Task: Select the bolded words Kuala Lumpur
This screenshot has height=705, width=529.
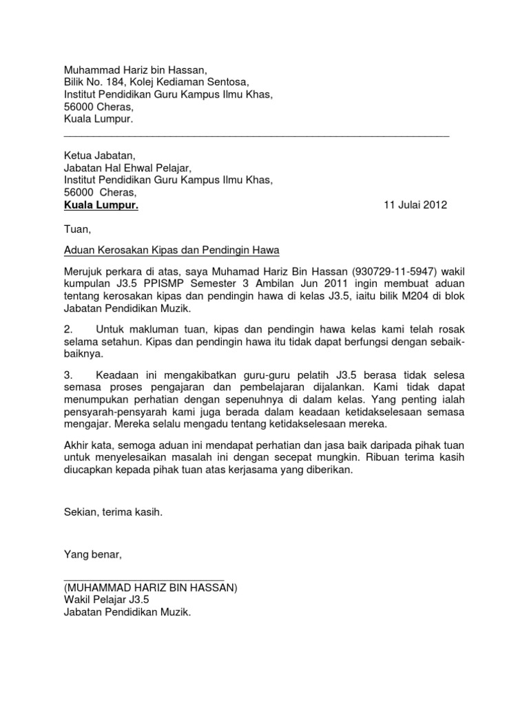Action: click(101, 205)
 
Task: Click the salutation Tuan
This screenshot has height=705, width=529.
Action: click(76, 228)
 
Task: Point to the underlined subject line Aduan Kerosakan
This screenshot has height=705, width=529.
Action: click(172, 251)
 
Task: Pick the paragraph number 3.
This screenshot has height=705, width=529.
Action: click(68, 375)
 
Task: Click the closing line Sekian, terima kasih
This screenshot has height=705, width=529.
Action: click(114, 512)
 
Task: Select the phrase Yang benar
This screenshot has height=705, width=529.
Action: click(92, 554)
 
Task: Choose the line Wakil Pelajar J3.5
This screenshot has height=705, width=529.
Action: click(105, 600)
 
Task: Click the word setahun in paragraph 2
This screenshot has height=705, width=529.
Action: click(121, 343)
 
